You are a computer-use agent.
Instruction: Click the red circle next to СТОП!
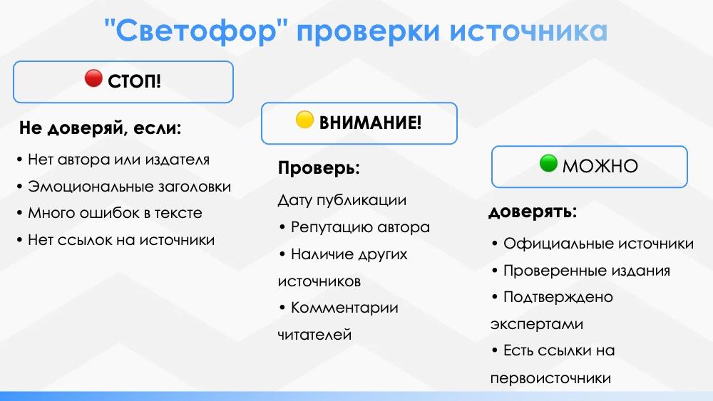click(93, 78)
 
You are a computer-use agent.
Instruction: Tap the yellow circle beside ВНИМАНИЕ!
click(304, 120)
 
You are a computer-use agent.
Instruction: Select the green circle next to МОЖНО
click(548, 163)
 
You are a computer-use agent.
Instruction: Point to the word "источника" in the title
click(528, 31)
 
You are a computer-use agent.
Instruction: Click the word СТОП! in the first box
click(135, 81)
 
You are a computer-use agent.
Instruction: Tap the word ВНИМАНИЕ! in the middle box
click(370, 123)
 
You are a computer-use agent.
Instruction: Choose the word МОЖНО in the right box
click(600, 166)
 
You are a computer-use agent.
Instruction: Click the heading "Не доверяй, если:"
click(100, 128)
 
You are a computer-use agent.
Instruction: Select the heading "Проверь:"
click(319, 168)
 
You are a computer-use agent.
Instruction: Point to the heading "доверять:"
click(533, 212)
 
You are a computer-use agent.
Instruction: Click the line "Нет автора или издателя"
click(118, 160)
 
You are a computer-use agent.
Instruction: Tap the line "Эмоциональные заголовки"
click(130, 187)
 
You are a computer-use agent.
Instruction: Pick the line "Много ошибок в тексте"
click(115, 213)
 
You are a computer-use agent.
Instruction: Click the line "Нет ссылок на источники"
click(121, 240)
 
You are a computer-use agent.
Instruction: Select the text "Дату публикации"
click(342, 200)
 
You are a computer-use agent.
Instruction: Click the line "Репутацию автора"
click(360, 227)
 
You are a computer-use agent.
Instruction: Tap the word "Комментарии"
click(344, 308)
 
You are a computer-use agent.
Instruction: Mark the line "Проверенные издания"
click(587, 271)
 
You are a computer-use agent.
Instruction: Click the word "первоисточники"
click(550, 379)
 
